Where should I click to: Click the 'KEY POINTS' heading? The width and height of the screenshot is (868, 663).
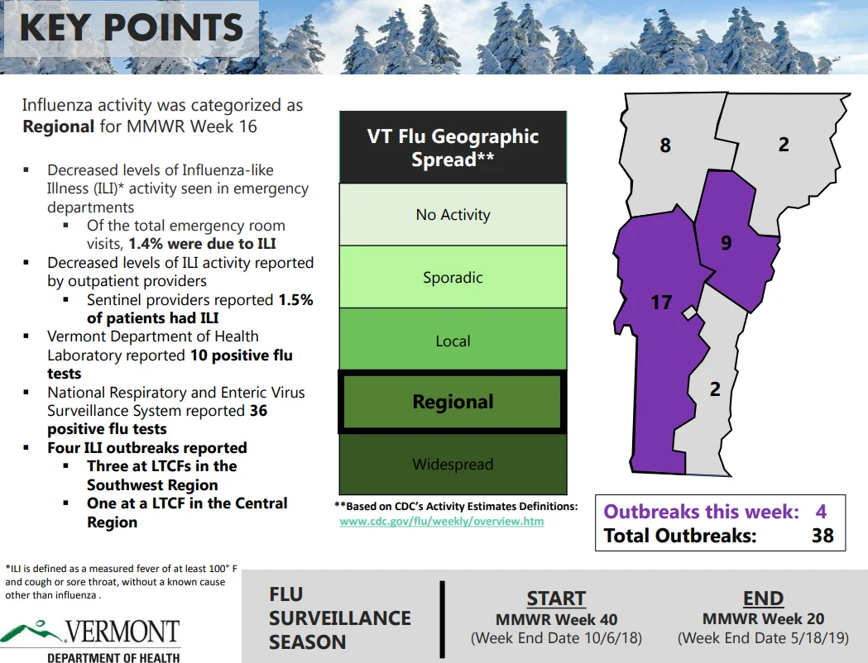[x=132, y=27]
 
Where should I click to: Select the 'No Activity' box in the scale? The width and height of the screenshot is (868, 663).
[x=453, y=214]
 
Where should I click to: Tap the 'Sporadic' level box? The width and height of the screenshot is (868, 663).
[x=453, y=276]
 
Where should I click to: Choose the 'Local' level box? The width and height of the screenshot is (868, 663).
[x=453, y=339]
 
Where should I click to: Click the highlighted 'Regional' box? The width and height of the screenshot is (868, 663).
[x=453, y=402]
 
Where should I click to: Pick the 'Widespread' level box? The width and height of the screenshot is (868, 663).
[x=453, y=464]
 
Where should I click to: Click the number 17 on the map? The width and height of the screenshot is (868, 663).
[x=661, y=303]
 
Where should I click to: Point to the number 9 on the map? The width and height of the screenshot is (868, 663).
[x=727, y=243]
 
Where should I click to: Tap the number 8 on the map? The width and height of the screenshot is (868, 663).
[x=665, y=145]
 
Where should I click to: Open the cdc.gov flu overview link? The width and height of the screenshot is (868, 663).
[x=442, y=521]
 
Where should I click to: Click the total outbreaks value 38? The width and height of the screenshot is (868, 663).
[x=822, y=535]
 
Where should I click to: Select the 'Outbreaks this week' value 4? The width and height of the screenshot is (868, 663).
[x=821, y=512]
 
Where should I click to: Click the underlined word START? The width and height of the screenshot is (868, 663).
[x=556, y=599]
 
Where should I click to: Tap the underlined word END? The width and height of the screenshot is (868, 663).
[x=764, y=599]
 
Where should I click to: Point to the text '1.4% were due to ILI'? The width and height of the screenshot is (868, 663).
[x=202, y=244]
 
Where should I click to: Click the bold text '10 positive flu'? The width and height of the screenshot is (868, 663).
[x=242, y=355]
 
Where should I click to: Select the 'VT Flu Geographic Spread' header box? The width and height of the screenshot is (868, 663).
[x=453, y=147]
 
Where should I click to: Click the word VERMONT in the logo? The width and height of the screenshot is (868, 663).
[x=123, y=632]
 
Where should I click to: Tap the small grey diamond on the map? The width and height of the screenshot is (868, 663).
[x=689, y=313]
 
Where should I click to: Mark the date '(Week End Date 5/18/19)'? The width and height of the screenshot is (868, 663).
[x=764, y=638]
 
